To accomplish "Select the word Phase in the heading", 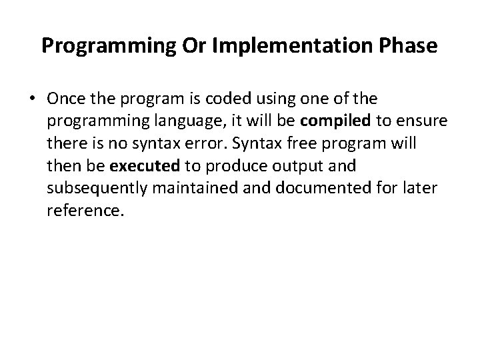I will pyautogui.click(x=409, y=46).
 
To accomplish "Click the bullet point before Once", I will pyautogui.click(x=33, y=99).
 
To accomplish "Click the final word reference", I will pyautogui.click(x=85, y=211).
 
